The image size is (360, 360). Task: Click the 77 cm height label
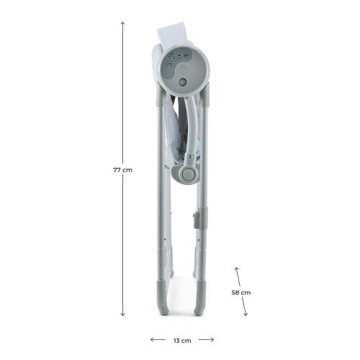pos(123,170)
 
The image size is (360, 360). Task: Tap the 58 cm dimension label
pos(241,292)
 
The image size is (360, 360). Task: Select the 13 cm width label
pos(182,339)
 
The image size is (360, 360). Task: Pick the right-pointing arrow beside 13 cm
pos(207,339)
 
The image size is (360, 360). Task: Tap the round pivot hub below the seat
pos(188,174)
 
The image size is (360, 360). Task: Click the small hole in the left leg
pos(168,244)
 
